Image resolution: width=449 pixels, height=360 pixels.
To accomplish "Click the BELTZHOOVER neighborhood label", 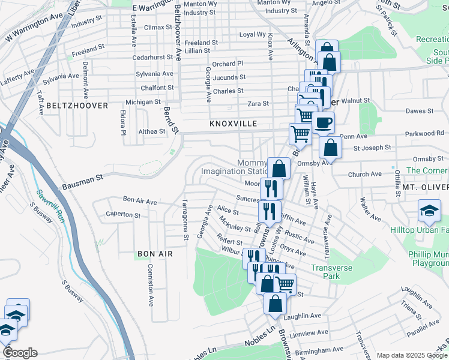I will point(77,106).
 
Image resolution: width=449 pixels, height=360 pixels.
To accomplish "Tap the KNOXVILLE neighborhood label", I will point(233,124).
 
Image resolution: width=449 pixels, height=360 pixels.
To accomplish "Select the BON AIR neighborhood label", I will point(155,254).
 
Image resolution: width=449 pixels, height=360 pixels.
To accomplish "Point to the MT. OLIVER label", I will point(425,188).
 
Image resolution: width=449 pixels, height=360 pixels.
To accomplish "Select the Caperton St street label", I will point(122,214).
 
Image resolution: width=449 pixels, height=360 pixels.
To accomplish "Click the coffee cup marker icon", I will point(322,123).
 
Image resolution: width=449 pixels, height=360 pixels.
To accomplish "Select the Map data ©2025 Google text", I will point(411,355).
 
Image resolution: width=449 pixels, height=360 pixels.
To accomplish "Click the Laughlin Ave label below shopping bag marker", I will point(303,316).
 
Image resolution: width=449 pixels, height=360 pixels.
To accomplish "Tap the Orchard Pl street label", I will point(228,63).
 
